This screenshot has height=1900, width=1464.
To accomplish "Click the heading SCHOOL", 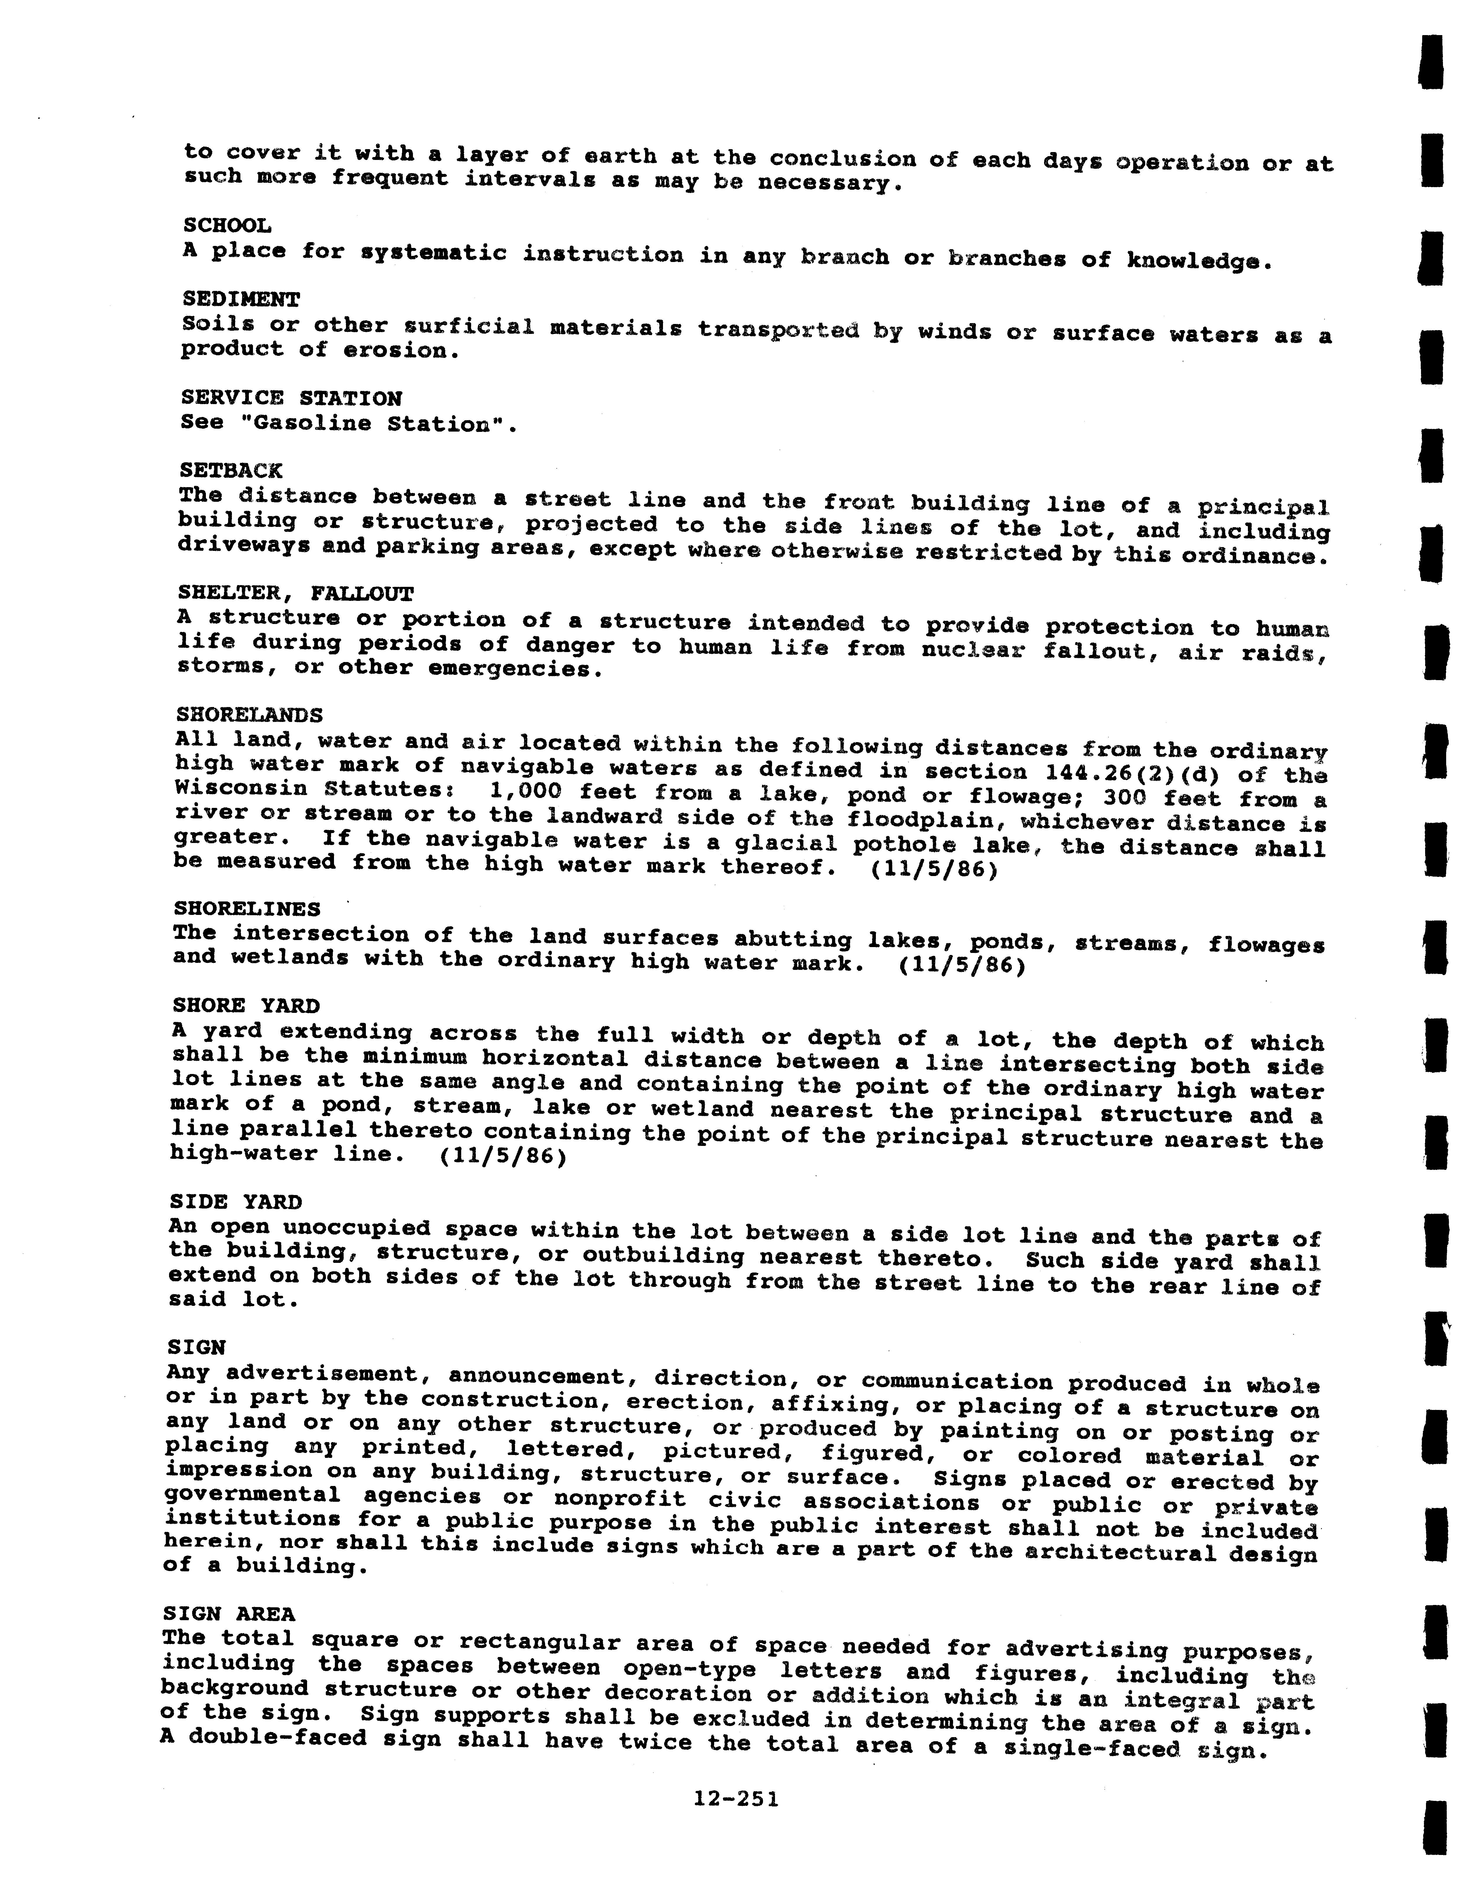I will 227,225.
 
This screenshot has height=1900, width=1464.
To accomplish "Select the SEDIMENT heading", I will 241,299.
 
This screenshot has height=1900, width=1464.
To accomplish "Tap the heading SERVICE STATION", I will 291,399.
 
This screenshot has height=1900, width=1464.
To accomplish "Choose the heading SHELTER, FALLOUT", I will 296,593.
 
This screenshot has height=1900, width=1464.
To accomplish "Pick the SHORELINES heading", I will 247,908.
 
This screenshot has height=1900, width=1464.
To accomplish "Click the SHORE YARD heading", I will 246,1006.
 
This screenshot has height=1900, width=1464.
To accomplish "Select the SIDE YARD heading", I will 236,1202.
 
